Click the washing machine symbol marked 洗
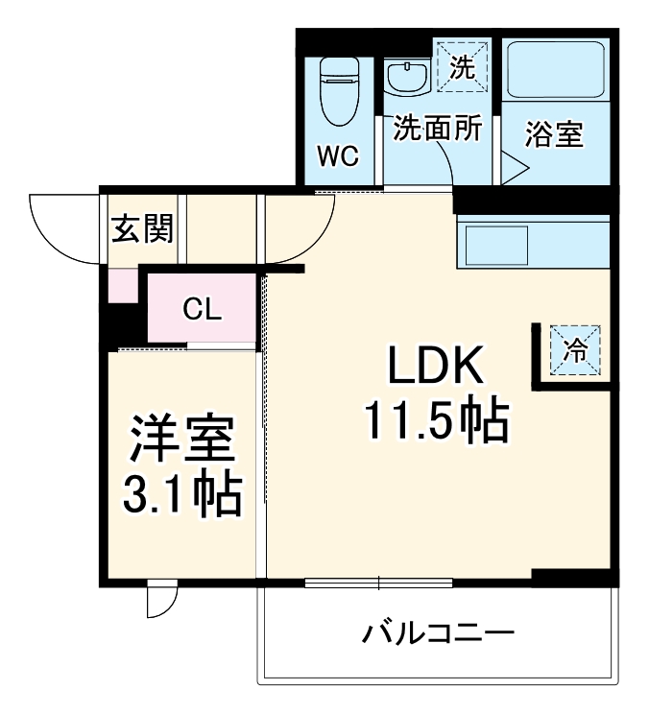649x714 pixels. pos(462,67)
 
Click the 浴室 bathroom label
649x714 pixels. pos(554,134)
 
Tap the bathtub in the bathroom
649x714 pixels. pos(554,69)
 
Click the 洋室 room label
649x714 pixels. pos(181,443)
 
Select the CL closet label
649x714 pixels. pos(202,309)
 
